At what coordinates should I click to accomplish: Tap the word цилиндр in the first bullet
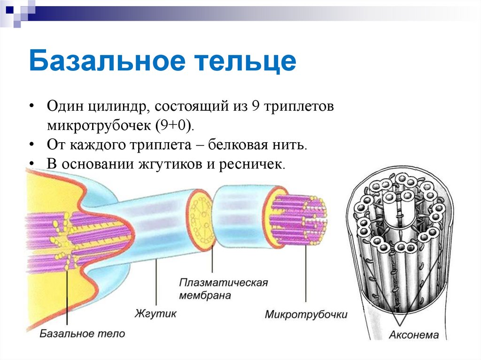(118, 107)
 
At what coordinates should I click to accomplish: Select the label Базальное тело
(82, 334)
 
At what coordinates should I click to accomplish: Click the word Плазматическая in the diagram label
(223, 283)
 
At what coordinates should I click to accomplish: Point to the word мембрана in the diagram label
(205, 296)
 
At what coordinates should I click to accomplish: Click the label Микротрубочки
(306, 314)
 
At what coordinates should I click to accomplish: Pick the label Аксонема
(414, 335)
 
